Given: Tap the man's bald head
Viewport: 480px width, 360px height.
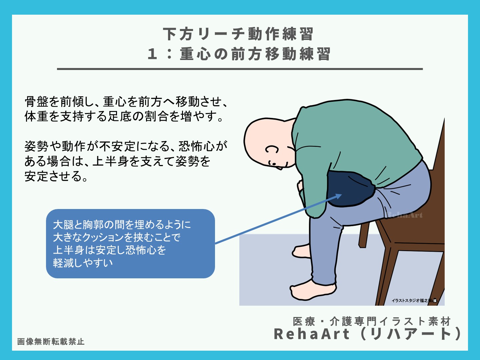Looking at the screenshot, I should pyautogui.click(x=263, y=133).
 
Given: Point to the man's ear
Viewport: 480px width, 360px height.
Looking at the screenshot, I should pyautogui.click(x=272, y=150).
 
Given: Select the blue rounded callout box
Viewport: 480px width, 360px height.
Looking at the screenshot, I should pyautogui.click(x=130, y=244).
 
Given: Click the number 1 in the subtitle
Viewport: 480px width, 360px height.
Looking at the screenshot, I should pyautogui.click(x=152, y=54).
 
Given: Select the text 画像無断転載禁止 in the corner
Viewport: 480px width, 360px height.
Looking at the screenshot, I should pyautogui.click(x=51, y=341).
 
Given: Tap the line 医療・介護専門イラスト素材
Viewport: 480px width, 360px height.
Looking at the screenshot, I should pyautogui.click(x=372, y=321).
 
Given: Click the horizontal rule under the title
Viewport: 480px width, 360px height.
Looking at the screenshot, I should pyautogui.click(x=240, y=69).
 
